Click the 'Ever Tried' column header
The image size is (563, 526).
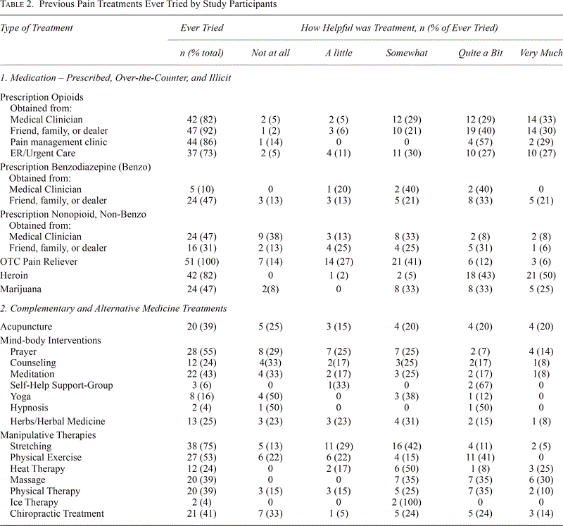click(202, 28)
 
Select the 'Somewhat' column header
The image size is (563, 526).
click(407, 54)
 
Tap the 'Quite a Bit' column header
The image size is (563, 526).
click(480, 54)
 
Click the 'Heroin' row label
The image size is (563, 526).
click(14, 275)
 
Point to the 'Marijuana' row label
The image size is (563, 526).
click(21, 289)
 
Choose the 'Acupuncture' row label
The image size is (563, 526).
click(26, 327)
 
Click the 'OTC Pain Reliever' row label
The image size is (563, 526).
click(39, 261)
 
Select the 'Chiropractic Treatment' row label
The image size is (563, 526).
click(57, 514)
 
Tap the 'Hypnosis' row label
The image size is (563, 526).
click(29, 408)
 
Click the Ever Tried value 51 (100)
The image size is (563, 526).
click(202, 261)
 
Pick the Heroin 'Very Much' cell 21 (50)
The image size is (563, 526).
click(541, 275)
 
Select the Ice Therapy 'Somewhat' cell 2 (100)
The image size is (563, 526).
click(407, 502)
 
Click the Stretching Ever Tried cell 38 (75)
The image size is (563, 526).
click(202, 446)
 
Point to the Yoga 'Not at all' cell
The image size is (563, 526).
click(270, 396)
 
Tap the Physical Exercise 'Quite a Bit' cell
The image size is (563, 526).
click(480, 458)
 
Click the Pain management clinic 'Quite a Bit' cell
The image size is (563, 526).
click(480, 142)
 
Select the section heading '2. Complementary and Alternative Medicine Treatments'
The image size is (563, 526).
click(113, 308)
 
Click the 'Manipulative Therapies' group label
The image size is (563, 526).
click(48, 435)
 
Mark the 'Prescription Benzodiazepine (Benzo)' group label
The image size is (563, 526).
click(75, 167)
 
